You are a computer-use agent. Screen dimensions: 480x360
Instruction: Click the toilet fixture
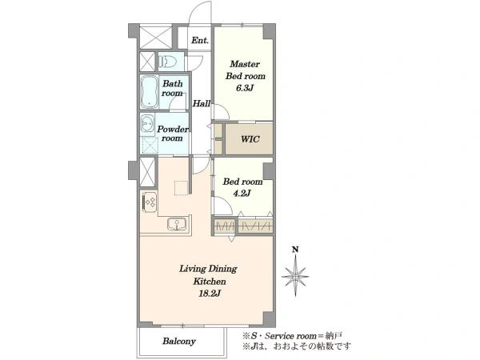click(x=168, y=62)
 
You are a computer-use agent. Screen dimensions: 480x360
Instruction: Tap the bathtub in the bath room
click(x=149, y=92)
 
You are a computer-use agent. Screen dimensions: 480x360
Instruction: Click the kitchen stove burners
click(x=150, y=202)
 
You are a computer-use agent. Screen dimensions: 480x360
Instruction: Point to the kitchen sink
click(x=177, y=224)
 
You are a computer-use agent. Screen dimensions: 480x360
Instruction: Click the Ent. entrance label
click(x=200, y=40)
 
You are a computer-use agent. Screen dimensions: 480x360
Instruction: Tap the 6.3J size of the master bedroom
click(x=245, y=88)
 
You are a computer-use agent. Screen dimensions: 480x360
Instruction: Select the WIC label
click(x=250, y=139)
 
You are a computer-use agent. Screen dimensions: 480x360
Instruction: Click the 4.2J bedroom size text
click(x=242, y=194)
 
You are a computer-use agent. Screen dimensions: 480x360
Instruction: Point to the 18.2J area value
click(x=210, y=294)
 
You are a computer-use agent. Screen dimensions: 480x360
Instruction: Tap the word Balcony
click(x=179, y=341)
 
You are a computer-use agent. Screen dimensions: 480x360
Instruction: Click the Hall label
click(x=202, y=103)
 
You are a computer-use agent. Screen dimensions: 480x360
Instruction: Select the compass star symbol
click(x=295, y=276)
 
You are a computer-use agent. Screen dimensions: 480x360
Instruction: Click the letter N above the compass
click(x=295, y=250)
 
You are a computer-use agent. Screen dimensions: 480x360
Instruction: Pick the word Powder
click(x=173, y=129)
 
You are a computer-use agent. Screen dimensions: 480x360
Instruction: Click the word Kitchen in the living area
click(x=210, y=282)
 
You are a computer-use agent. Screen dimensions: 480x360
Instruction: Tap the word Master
click(x=245, y=64)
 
